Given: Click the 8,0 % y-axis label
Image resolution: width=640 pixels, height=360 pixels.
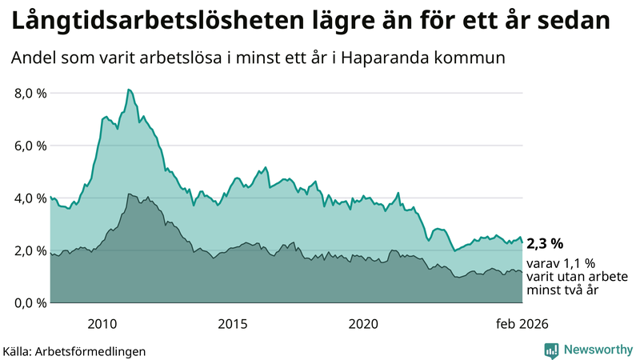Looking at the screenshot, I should tap(31, 93).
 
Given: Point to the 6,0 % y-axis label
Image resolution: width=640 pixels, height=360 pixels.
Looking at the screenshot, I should tap(31, 146).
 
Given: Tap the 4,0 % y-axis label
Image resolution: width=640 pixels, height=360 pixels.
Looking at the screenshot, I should tap(31, 198).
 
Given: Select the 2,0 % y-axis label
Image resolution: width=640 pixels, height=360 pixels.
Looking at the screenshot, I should tap(31, 250).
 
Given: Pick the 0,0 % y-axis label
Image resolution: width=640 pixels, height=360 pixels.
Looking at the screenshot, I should tap(31, 303).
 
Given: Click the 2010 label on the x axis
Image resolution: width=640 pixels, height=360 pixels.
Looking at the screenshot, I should tap(102, 324).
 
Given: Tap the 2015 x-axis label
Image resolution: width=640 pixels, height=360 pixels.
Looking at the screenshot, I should tap(233, 324).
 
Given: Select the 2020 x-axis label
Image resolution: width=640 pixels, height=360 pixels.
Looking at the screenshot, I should tap(363, 324).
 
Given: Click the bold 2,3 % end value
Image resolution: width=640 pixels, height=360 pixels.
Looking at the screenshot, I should tap(545, 242).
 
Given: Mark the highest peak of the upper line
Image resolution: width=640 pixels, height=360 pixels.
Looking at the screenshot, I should tap(129, 90).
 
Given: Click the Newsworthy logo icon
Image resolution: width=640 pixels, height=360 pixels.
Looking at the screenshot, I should tap(552, 350).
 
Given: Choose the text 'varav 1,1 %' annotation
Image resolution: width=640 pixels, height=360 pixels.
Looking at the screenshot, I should tap(560, 263).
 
